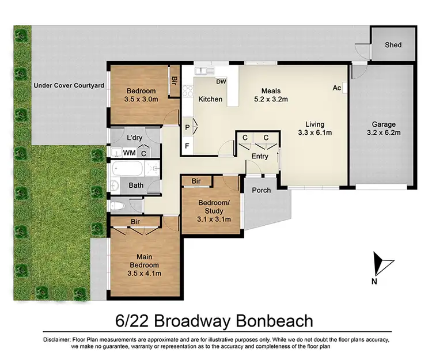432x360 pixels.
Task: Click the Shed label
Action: coord(393,45)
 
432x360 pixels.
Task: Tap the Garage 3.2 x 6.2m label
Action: coord(382,128)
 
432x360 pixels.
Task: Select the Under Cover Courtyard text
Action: coord(69,85)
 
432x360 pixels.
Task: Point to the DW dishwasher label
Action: coord(221,82)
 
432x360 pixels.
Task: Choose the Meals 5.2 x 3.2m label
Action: coord(271,95)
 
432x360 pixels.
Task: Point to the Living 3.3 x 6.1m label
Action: coord(315,128)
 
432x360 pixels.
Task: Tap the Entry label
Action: coord(260,156)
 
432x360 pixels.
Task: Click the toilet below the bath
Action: coord(117,206)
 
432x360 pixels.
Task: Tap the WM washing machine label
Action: coord(129,153)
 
